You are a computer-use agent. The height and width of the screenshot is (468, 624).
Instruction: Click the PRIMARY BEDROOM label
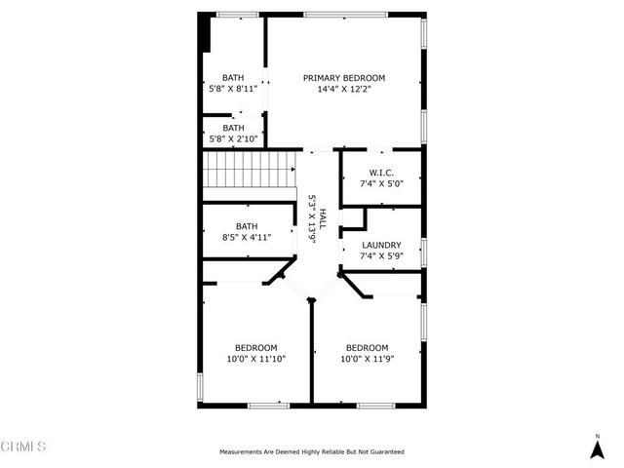344,78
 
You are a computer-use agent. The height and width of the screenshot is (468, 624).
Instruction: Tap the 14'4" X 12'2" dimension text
344,89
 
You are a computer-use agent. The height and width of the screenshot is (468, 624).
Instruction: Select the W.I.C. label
380,173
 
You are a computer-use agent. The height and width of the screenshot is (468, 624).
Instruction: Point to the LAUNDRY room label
380,246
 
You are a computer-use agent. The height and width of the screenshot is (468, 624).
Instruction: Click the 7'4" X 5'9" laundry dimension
380,256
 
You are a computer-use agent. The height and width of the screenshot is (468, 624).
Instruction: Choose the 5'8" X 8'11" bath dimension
233,89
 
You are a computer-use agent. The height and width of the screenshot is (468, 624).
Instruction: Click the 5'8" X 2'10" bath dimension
233,138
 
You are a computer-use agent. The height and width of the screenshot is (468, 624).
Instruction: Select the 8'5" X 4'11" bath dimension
247,237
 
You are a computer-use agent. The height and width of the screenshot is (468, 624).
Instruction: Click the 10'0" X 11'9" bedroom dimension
367,359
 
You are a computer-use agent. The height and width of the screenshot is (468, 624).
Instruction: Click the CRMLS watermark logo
24,447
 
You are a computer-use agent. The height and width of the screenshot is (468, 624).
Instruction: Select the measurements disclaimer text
312,452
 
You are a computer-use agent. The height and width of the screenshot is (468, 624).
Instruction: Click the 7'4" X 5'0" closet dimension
380,183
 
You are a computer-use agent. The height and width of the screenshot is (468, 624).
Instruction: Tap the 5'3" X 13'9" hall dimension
312,217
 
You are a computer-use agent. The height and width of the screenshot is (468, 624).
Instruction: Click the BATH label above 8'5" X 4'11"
247,226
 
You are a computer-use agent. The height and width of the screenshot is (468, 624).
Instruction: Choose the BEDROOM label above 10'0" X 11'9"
367,348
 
